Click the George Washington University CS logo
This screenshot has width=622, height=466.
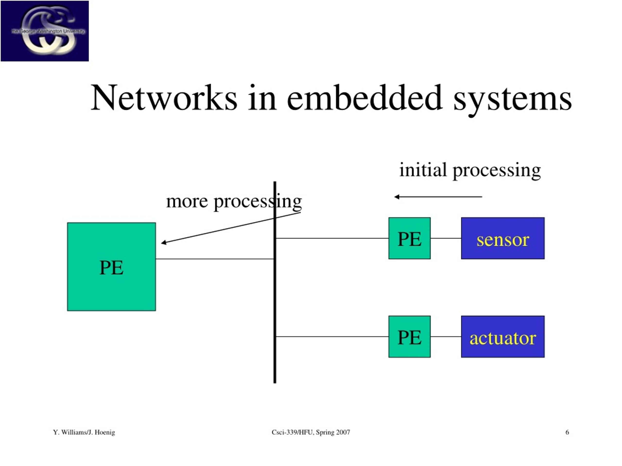[x=45, y=31]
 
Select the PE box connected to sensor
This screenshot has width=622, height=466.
[x=409, y=238]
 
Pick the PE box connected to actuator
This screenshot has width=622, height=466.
[x=409, y=336]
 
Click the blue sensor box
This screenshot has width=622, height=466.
[x=503, y=238]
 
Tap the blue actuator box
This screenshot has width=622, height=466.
[x=503, y=336]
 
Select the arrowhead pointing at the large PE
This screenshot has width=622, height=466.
[x=164, y=242]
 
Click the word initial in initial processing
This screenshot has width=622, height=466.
[x=423, y=170]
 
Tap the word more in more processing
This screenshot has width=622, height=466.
[x=187, y=201]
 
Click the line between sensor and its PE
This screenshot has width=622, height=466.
[x=446, y=238]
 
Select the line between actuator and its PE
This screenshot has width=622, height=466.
[x=446, y=336]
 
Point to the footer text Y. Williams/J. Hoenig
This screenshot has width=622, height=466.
[x=84, y=432]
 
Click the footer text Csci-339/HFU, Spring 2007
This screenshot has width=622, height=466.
[x=311, y=432]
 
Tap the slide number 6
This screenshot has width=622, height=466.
[x=567, y=432]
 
